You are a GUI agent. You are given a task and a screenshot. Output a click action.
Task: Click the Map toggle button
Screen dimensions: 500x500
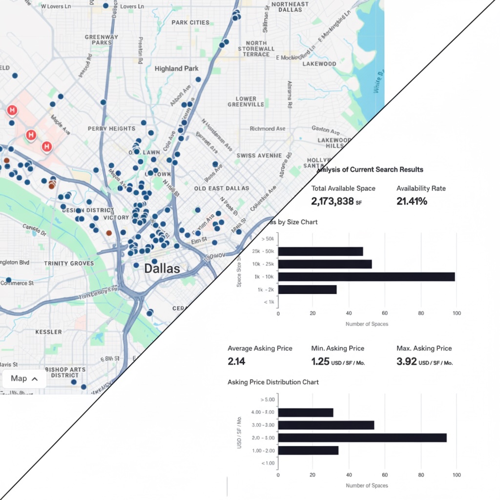click(24, 378)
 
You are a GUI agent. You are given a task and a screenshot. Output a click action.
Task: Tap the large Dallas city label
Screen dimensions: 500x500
click(162, 269)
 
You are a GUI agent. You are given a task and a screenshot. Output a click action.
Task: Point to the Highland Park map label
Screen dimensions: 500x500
click(176, 69)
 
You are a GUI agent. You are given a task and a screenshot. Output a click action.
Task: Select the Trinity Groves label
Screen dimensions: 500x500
click(69, 264)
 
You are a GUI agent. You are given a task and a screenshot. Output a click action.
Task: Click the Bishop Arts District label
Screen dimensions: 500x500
click(65, 372)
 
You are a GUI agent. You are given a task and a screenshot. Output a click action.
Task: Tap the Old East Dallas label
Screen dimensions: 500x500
click(221, 188)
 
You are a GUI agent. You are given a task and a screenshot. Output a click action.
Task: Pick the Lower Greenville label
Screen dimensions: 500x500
click(246, 102)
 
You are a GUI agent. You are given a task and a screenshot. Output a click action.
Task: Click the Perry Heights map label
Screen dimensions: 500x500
click(111, 129)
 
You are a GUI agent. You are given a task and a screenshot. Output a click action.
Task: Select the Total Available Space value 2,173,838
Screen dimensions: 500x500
click(332, 201)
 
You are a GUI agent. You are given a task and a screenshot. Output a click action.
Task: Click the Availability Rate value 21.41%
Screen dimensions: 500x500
click(412, 201)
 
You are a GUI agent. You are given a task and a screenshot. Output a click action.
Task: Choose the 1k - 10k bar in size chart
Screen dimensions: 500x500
click(366, 277)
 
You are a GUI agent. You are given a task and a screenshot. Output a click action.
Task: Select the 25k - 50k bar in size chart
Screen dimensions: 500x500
click(320, 251)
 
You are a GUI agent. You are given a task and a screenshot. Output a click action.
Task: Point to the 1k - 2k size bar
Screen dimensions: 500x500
click(307, 290)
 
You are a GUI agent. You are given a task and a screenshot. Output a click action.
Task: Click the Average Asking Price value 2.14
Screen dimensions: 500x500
click(236, 362)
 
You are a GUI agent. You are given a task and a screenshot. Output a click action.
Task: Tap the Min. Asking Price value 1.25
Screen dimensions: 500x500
click(320, 362)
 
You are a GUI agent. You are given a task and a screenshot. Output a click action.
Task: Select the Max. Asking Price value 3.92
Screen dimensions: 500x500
click(406, 362)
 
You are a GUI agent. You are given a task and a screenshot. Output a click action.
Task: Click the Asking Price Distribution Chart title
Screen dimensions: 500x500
click(273, 382)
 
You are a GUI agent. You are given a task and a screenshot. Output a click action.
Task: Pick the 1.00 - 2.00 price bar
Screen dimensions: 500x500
click(308, 450)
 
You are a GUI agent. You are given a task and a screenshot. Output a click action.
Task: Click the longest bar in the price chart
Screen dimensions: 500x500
click(362, 437)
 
